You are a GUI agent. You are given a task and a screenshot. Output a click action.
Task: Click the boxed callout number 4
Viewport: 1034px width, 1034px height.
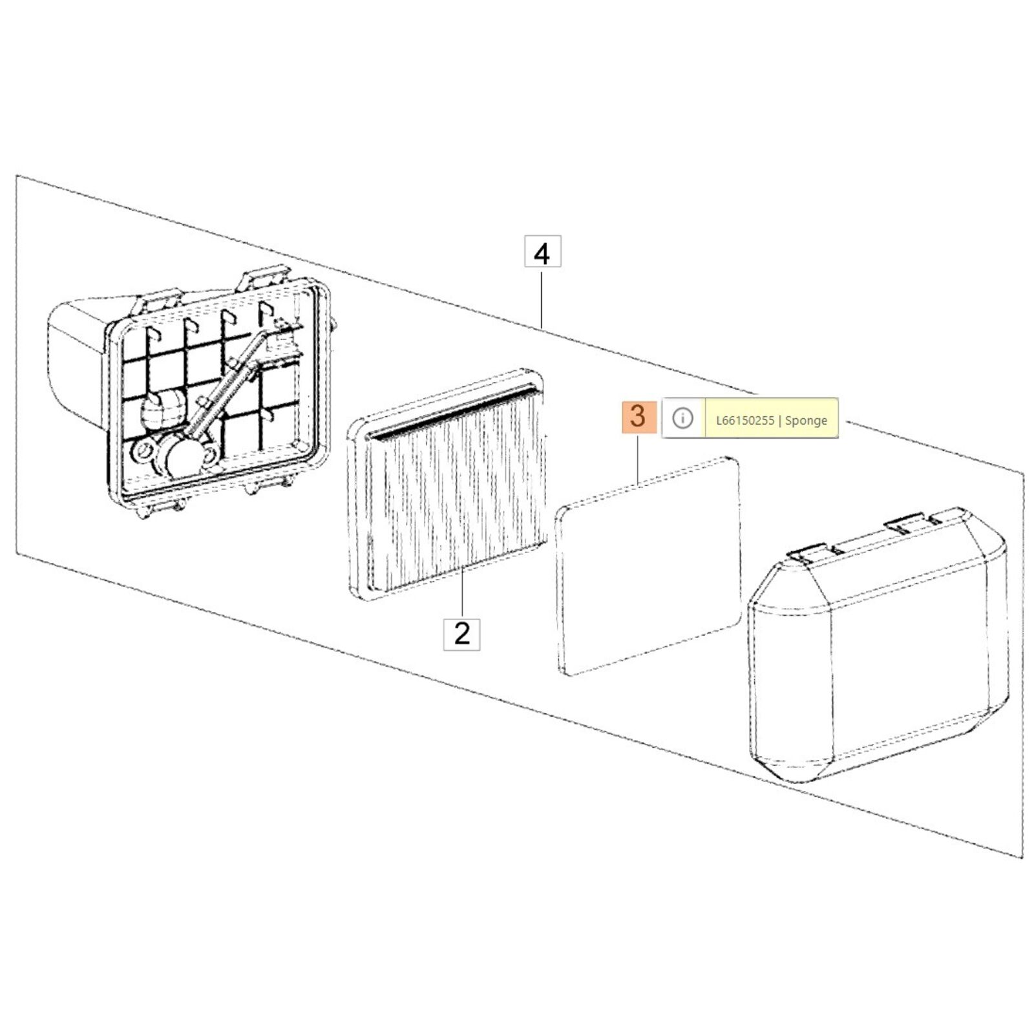click(542, 252)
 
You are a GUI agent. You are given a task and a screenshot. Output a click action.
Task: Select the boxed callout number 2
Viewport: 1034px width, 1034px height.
click(461, 634)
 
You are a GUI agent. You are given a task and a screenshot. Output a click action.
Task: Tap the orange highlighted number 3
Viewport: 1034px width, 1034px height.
click(638, 416)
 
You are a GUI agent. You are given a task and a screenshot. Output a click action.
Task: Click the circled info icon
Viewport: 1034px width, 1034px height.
click(682, 418)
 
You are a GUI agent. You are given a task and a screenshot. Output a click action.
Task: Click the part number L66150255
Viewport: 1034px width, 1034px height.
click(745, 420)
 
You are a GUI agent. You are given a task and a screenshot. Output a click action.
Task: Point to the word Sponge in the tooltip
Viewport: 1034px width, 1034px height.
click(806, 421)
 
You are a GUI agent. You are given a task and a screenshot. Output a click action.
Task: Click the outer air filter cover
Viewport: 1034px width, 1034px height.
click(877, 646)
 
